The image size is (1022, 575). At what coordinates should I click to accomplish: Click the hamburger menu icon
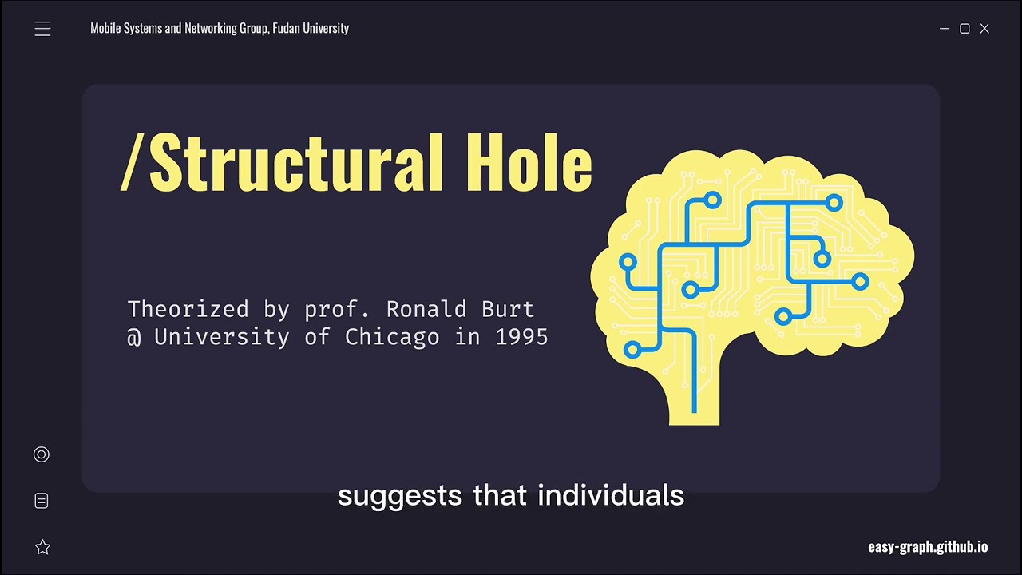pyautogui.click(x=42, y=30)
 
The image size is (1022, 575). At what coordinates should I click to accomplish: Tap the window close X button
pyautogui.click(x=984, y=29)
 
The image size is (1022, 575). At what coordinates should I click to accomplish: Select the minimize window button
pyautogui.click(x=945, y=29)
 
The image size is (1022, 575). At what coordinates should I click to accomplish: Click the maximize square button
pyautogui.click(x=965, y=29)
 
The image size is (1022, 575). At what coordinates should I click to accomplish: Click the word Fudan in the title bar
pyautogui.click(x=286, y=28)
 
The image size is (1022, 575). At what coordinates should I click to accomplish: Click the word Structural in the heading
pyautogui.click(x=296, y=163)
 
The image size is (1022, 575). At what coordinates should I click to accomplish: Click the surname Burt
pyautogui.click(x=507, y=309)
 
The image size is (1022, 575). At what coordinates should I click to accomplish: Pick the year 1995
pyautogui.click(x=521, y=337)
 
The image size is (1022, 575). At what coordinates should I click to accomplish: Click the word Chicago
pyautogui.click(x=392, y=337)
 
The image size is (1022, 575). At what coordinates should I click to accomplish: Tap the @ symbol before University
pyautogui.click(x=134, y=337)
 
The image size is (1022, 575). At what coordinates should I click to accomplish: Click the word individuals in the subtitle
pyautogui.click(x=611, y=496)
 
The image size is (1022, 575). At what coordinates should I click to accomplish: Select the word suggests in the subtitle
pyautogui.click(x=400, y=496)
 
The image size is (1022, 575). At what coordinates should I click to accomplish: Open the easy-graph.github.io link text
pyautogui.click(x=928, y=547)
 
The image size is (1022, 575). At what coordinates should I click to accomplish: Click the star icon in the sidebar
pyautogui.click(x=42, y=547)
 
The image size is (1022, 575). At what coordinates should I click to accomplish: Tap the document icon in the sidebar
pyautogui.click(x=42, y=501)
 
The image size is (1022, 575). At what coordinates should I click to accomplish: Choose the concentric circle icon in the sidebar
pyautogui.click(x=42, y=454)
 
